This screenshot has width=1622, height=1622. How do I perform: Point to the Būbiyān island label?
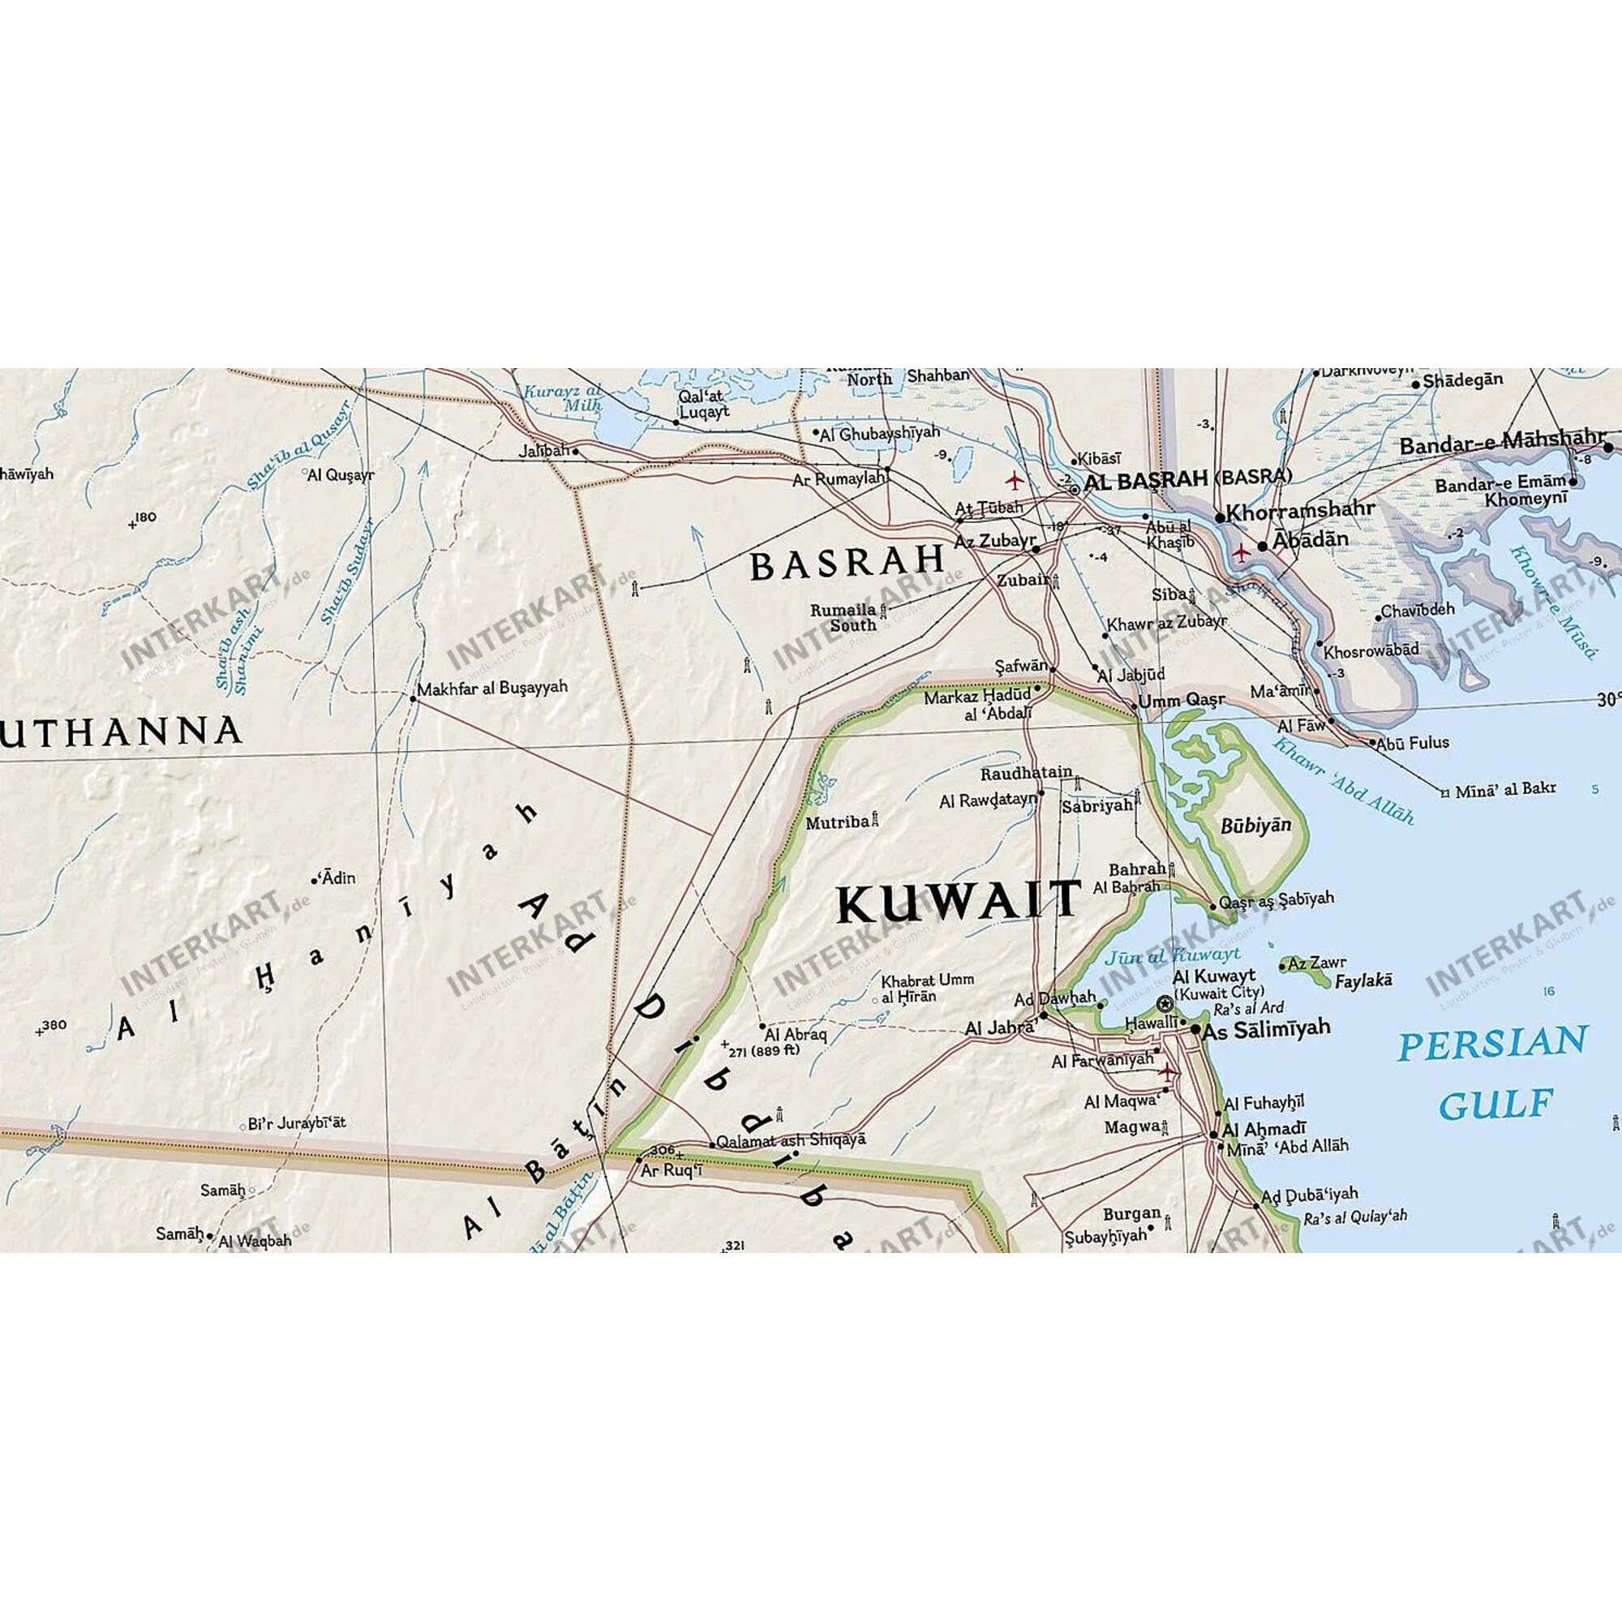tap(1255, 826)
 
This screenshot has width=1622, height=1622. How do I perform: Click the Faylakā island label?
tap(1363, 980)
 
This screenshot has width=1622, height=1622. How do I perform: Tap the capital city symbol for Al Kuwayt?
tap(1164, 1003)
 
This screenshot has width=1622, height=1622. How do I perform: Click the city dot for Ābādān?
tap(1262, 547)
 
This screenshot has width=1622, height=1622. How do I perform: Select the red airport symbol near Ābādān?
tap(1240, 551)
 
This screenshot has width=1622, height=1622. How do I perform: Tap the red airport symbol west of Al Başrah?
tap(1015, 481)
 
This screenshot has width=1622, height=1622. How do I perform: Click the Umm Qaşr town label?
tap(1182, 700)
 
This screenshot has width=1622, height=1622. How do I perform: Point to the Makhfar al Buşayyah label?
tap(492, 687)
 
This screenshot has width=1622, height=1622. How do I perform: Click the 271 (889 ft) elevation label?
tap(763, 1050)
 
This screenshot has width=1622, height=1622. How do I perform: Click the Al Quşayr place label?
tap(340, 474)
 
